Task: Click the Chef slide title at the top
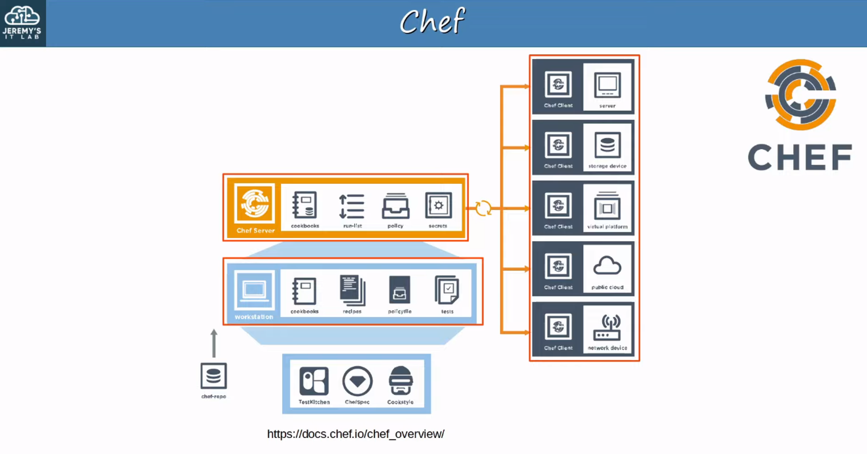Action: [x=432, y=21]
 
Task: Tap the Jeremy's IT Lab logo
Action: [x=22, y=23]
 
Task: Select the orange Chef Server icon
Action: [x=255, y=203]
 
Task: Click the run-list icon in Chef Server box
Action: [x=352, y=206]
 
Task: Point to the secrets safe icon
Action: [x=438, y=205]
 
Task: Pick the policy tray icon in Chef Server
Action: [x=395, y=206]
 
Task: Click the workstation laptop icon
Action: [x=254, y=290]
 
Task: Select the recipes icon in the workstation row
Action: [x=352, y=290]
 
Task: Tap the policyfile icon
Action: [x=399, y=290]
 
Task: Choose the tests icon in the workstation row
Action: [x=447, y=290]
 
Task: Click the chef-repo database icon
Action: [x=214, y=376]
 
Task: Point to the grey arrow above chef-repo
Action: [x=214, y=343]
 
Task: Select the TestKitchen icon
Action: [x=314, y=381]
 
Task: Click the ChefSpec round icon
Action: [x=357, y=381]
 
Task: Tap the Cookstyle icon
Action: [x=401, y=381]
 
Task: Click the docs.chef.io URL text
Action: [x=355, y=434]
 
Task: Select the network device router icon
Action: [x=607, y=328]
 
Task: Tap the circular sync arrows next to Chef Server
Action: [x=483, y=208]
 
